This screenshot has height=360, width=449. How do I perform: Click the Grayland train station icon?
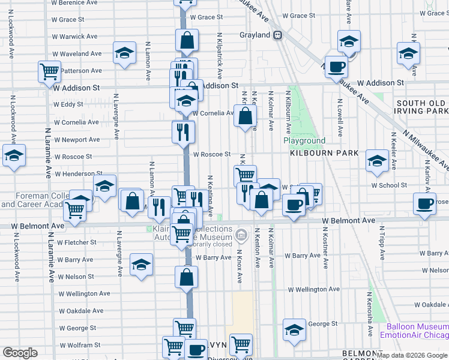[x=277, y=35]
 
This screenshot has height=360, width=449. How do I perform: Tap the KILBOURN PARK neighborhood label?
[x=324, y=153]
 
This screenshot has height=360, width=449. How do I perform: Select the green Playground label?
[x=304, y=141]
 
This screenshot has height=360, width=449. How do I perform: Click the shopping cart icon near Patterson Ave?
[x=49, y=71]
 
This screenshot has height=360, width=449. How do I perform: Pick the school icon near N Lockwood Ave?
[x=14, y=156]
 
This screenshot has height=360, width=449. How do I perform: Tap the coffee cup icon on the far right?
[x=424, y=203]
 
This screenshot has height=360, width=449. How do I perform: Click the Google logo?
[x=20, y=353]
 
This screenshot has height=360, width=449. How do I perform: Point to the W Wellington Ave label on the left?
[x=84, y=294]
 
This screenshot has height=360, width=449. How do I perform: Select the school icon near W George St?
[x=294, y=330]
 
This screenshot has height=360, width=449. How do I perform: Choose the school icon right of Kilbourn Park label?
[x=377, y=160]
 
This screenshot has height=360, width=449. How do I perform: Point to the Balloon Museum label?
[x=414, y=326]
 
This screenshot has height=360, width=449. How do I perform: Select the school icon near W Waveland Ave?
[x=124, y=53]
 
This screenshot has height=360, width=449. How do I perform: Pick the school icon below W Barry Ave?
[x=141, y=264]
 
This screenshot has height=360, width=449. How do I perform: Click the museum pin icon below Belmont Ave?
[x=242, y=234]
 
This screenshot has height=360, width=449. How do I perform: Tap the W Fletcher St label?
[x=77, y=242]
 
